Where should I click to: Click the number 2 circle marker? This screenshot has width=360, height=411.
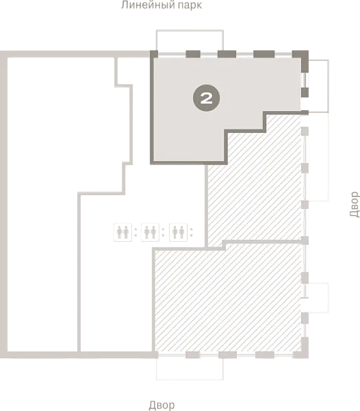pos(206,98)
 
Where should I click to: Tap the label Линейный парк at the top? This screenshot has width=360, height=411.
pos(162,5)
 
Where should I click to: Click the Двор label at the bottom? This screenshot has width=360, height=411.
pos(162,406)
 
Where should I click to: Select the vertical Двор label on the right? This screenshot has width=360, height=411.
pos(355,204)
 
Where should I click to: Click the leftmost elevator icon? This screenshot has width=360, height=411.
pos(123,232)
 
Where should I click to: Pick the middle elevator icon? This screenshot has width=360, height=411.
pos(151,232)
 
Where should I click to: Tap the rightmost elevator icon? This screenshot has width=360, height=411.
pos(179,232)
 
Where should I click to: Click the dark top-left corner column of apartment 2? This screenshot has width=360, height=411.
pos(154,54)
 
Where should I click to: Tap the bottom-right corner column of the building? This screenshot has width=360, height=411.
pos(305,348)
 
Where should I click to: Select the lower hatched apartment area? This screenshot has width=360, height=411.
pos(228,299)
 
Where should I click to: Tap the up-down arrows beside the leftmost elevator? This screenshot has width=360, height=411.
pos(136,232)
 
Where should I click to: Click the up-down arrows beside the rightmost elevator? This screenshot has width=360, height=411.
pos(192,232)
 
